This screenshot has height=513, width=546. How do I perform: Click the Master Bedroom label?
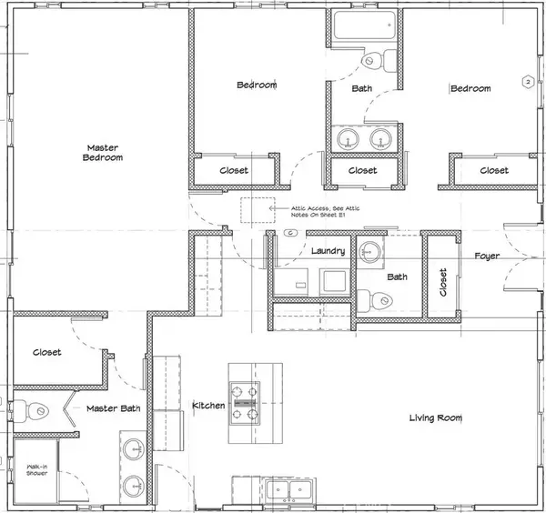coord(105,152)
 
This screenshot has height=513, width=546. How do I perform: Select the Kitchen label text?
coord(208,405)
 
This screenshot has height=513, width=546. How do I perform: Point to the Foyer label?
coord(488,256)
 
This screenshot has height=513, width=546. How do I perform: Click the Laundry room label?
coord(325,251)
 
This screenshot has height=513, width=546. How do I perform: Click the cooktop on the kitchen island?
coord(245,401)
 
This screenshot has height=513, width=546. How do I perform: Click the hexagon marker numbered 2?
coord(526,83)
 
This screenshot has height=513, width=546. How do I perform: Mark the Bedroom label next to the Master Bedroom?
coord(257,85)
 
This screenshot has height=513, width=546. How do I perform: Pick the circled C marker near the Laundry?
coord(289,233)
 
